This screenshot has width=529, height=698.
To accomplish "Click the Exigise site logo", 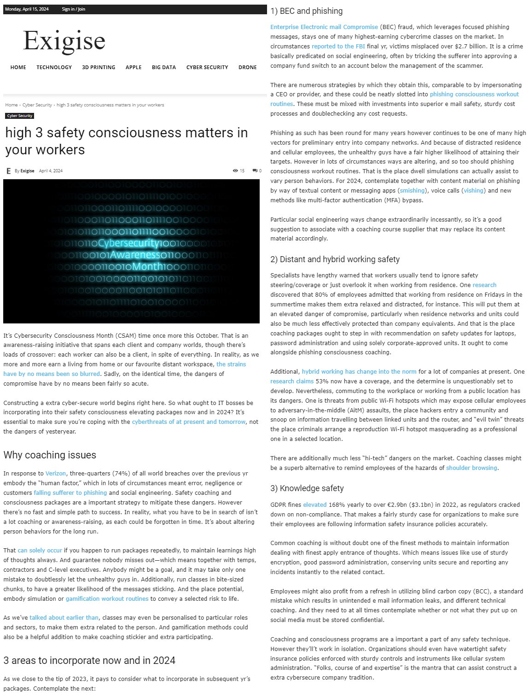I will pyautogui.click(x=64, y=41).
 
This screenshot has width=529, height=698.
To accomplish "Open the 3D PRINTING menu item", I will pyautogui.click(x=99, y=67).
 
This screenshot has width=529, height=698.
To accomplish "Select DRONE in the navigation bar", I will pyautogui.click(x=247, y=67).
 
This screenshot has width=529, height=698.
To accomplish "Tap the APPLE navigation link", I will pyautogui.click(x=134, y=67).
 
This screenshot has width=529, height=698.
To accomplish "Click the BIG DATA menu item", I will pyautogui.click(x=163, y=67).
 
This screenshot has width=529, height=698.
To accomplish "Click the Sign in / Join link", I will pyautogui.click(x=73, y=9).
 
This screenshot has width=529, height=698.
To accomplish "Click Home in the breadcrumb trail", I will pyautogui.click(x=12, y=105).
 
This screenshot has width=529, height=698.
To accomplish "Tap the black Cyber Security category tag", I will pyautogui.click(x=20, y=116).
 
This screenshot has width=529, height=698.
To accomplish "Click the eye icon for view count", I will pyautogui.click(x=235, y=171).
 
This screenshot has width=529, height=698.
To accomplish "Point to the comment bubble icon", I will pyautogui.click(x=255, y=171).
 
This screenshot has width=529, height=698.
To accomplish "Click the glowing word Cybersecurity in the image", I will pyautogui.click(x=128, y=243).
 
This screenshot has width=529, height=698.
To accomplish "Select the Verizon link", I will pyautogui.click(x=56, y=473).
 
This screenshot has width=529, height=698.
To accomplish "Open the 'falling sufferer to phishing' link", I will pyautogui.click(x=70, y=493).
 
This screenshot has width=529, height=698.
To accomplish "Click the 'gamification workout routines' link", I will pyautogui.click(x=107, y=598).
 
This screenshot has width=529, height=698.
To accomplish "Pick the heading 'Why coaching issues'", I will pyautogui.click(x=50, y=455).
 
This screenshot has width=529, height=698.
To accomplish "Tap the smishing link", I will pyautogui.click(x=412, y=190).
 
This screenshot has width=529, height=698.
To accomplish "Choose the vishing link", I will pyautogui.click(x=473, y=190).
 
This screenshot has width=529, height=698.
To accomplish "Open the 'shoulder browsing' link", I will pyautogui.click(x=471, y=468).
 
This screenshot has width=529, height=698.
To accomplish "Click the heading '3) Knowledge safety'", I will pyautogui.click(x=307, y=488).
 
